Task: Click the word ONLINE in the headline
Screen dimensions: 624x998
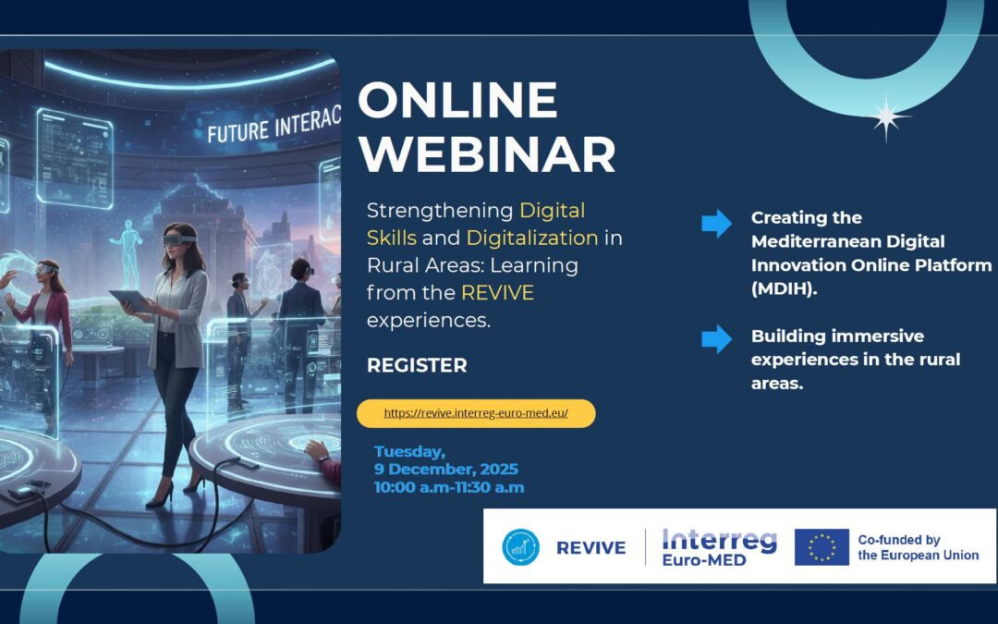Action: (457, 100)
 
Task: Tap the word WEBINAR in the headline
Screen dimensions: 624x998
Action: (486, 154)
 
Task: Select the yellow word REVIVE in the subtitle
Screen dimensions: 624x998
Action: (498, 293)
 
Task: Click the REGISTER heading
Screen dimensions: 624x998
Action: (417, 365)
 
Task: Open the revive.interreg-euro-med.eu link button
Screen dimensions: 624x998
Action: (476, 413)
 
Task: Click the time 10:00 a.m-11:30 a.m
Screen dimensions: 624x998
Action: (449, 487)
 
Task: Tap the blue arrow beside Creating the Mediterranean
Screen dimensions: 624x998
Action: (716, 223)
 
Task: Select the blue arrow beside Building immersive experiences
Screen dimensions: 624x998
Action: (716, 339)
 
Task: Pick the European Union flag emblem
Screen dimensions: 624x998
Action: (822, 547)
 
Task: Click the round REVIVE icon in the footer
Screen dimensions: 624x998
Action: (520, 547)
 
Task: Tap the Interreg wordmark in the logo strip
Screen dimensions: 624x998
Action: (720, 540)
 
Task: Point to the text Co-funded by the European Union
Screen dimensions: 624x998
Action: (918, 547)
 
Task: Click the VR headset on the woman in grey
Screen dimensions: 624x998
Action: (177, 238)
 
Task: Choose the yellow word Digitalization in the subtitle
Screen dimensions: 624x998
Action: (531, 238)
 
